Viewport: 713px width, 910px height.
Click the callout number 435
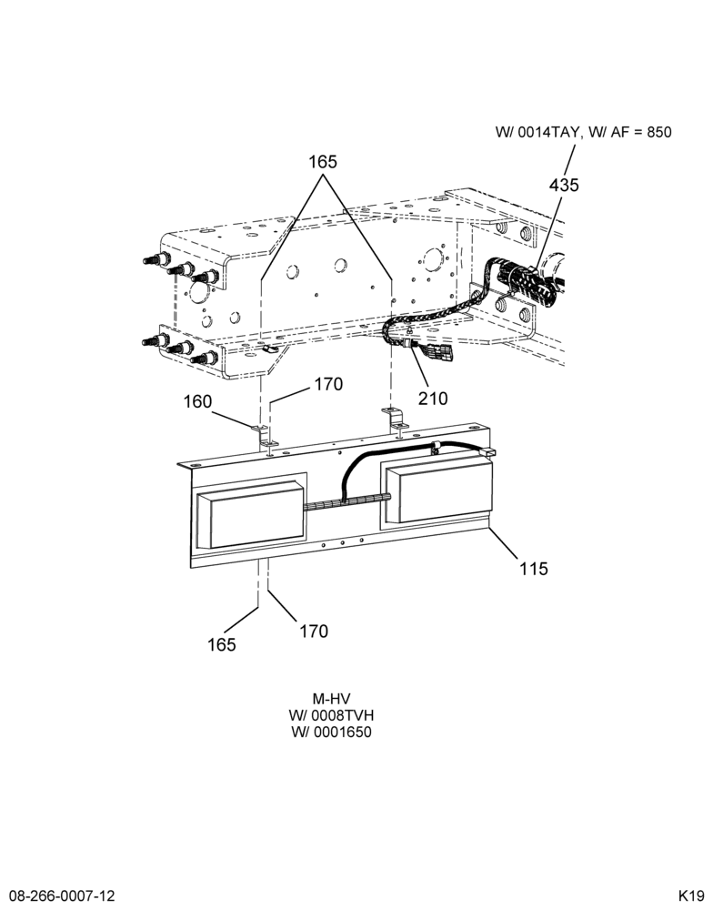click(x=564, y=185)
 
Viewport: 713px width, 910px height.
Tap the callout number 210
click(x=434, y=399)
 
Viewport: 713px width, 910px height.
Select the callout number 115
click(x=533, y=568)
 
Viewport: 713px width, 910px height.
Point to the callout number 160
click(x=198, y=401)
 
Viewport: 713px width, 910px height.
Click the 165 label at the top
click(x=323, y=161)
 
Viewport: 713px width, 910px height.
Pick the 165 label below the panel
click(x=222, y=644)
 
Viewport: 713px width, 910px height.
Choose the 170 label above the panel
click(x=328, y=384)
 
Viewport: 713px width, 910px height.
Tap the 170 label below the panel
click(x=313, y=631)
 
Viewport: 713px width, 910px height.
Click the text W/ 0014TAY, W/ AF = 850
click(x=583, y=132)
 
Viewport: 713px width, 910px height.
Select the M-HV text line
click(x=331, y=699)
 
